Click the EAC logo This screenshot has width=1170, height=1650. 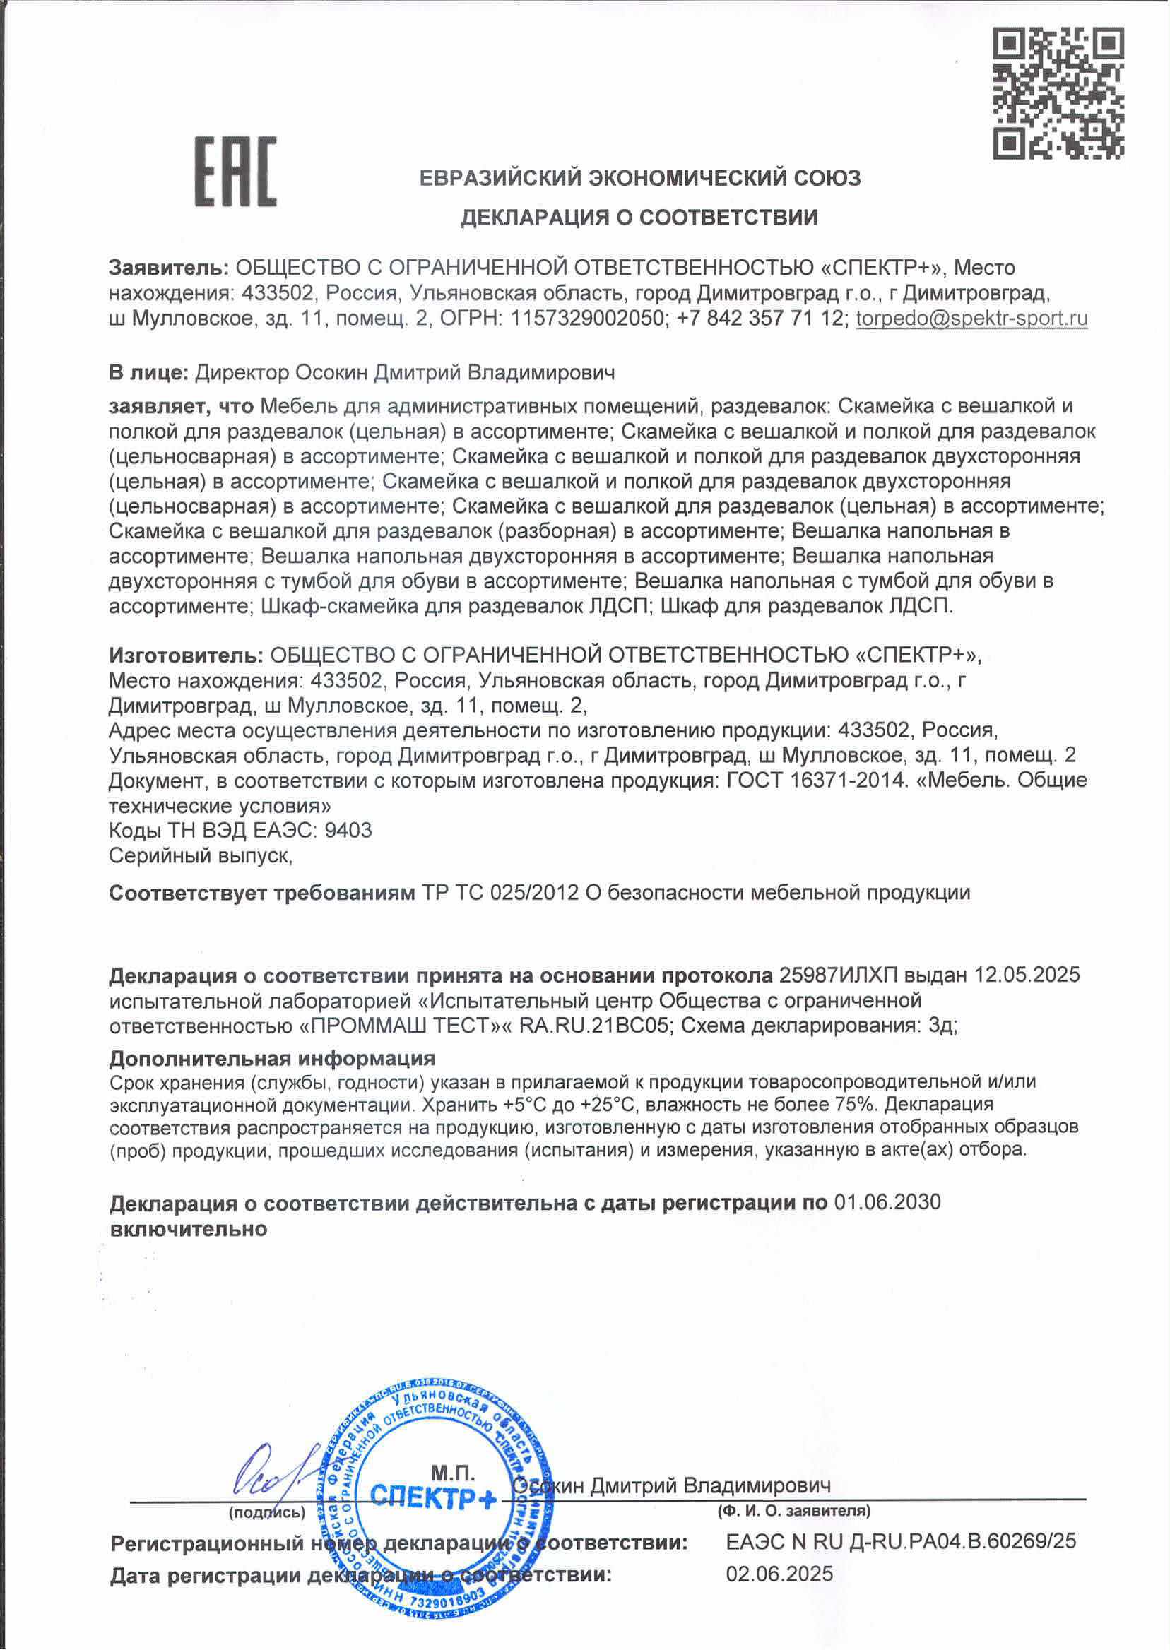235,172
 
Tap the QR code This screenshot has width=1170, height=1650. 1058,93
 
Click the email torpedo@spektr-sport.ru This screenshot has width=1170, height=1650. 971,319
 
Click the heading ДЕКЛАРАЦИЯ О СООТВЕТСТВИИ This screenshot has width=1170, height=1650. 639,217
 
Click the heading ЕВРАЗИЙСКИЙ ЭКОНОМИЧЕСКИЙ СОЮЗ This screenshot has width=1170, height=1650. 639,178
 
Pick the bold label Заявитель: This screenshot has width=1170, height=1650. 169,268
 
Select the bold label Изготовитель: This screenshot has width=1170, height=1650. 186,655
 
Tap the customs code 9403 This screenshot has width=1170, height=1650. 348,831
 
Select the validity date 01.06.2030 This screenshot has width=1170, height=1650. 887,1202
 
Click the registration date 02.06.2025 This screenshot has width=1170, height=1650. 779,1574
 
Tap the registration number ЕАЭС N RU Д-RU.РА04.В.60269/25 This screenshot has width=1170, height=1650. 901,1541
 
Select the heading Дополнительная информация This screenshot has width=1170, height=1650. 271,1058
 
